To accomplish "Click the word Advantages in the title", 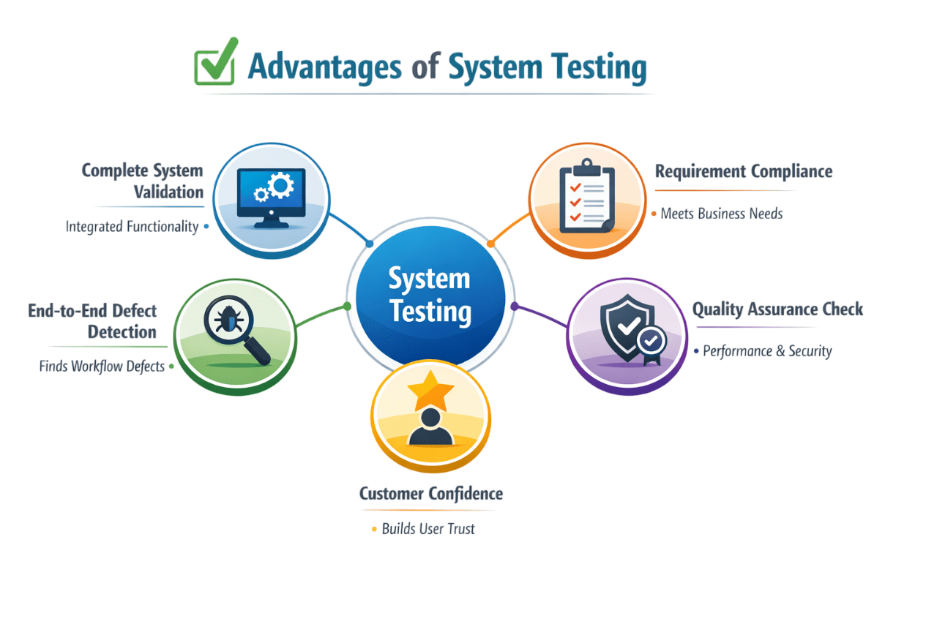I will tap(324, 67).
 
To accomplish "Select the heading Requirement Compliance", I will tap(744, 172).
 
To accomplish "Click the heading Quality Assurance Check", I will tap(777, 309).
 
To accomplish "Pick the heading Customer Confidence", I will tap(431, 494).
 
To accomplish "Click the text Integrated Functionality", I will tap(132, 227).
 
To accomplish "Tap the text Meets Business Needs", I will tap(721, 214).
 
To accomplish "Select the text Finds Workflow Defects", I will tap(102, 366).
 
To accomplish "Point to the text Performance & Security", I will tap(767, 351).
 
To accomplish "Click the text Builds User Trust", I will tap(428, 528).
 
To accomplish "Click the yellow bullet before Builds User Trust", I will tap(375, 528).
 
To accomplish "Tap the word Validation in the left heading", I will tap(168, 192).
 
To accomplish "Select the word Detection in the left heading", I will tap(122, 331).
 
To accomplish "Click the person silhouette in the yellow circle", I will tap(431, 427).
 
